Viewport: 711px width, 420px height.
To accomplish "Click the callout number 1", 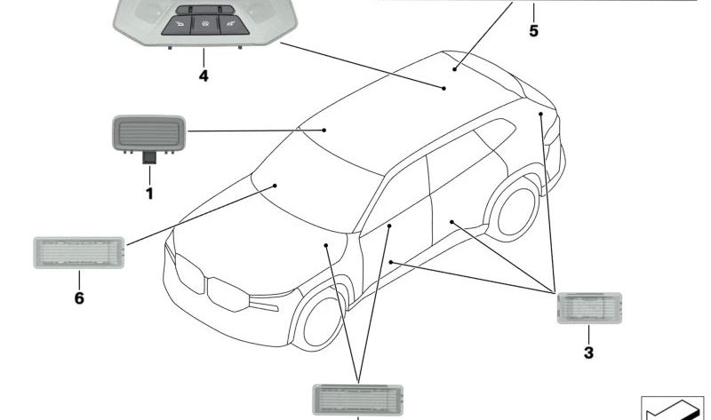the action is [x=149, y=194].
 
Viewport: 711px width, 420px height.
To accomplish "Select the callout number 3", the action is [x=588, y=353].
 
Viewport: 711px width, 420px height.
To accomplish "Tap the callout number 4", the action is [x=204, y=75].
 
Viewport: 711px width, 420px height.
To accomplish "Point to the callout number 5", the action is [x=534, y=31].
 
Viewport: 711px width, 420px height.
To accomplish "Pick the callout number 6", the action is [x=79, y=298].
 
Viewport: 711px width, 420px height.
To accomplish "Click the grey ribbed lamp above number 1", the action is [x=148, y=133].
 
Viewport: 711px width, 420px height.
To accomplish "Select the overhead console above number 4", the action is [x=205, y=23].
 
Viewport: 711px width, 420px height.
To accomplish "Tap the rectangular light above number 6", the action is [x=79, y=252].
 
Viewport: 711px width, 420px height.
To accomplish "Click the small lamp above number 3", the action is [x=589, y=308].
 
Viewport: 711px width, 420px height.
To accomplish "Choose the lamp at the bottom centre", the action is [x=358, y=400].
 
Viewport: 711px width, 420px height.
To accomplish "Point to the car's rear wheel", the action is [x=514, y=210].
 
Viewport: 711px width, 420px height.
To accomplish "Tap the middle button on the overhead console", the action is [x=205, y=25].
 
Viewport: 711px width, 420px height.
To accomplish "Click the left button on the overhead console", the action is [x=177, y=25].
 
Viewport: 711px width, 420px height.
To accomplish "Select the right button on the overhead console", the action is [x=234, y=25].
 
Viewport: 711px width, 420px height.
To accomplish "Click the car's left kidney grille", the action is [x=189, y=274].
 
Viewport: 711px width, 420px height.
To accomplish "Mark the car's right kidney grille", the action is [x=228, y=295].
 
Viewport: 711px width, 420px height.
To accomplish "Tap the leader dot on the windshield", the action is [x=275, y=186].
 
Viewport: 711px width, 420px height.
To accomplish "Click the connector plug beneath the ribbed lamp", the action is [x=149, y=158].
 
